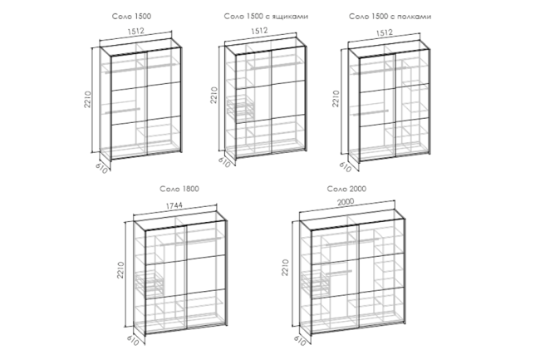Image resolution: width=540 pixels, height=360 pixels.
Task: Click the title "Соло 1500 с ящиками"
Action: click(266, 16)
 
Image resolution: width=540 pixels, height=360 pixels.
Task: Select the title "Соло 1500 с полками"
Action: click(390, 16)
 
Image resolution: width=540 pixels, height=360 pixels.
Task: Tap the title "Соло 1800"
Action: click(179, 189)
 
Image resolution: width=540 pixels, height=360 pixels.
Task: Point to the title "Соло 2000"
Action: click(346, 189)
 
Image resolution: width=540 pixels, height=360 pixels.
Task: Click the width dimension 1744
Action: click(174, 205)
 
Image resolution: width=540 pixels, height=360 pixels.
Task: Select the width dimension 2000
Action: click(346, 202)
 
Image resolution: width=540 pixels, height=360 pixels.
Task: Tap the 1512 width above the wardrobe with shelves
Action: click(384, 32)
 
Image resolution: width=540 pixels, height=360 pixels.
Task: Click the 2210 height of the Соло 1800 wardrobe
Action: click(120, 269)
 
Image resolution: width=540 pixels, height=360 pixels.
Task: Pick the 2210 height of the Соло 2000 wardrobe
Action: click(285, 268)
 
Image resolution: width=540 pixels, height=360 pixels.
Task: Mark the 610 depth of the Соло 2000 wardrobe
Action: click(300, 341)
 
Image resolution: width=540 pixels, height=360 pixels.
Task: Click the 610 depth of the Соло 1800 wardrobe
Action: click(133, 340)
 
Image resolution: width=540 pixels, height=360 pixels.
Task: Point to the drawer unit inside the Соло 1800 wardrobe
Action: click(150, 283)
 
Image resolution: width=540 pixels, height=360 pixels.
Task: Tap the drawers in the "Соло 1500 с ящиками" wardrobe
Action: click(240, 107)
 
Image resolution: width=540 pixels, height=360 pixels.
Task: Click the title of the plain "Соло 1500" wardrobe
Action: click(131, 16)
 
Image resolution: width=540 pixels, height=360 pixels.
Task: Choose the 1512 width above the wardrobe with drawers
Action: click(259, 31)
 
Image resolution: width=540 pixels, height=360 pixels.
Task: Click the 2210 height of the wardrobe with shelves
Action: click(336, 99)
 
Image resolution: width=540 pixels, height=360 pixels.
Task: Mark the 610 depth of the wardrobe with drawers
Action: click(223, 162)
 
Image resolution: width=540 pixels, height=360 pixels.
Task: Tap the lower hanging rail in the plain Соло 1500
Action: click(123, 111)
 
